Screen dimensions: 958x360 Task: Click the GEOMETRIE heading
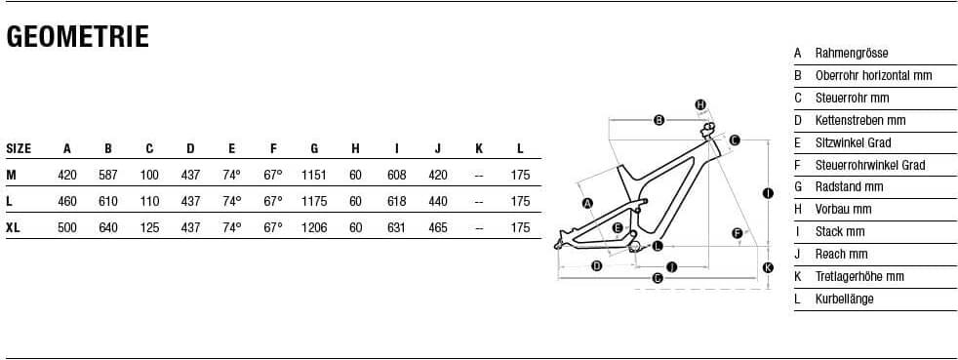coord(78,37)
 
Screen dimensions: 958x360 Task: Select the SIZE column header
coord(19,148)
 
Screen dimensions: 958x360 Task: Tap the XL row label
coord(13,228)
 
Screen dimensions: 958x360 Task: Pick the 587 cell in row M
coord(108,176)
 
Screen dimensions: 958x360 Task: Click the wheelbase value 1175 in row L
coord(314,202)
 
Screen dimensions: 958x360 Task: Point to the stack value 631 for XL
coord(396,228)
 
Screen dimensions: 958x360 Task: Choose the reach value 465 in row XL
coord(437,228)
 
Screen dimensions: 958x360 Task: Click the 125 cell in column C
coord(149,228)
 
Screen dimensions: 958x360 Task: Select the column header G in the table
coord(314,148)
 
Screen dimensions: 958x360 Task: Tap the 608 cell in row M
coord(396,176)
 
